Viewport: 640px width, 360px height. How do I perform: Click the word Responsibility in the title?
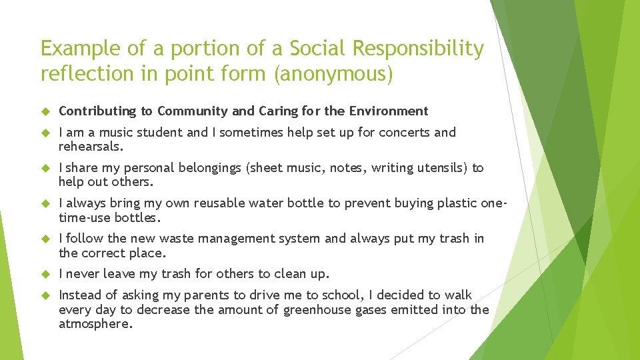click(x=418, y=49)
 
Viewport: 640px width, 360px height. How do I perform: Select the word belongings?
click(x=211, y=167)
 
